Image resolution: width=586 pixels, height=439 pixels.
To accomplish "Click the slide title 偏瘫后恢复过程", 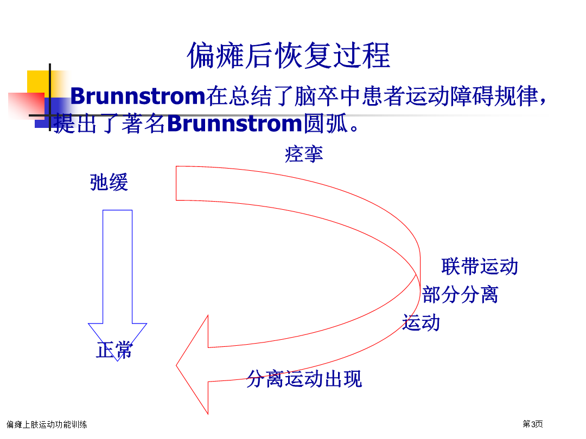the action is (x=289, y=56).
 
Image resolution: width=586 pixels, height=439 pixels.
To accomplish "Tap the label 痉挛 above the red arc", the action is (x=304, y=154).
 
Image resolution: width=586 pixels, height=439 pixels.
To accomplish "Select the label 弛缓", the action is (x=109, y=182).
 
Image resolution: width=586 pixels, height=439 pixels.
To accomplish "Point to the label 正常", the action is (x=114, y=350).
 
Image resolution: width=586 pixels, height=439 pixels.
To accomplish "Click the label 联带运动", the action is (x=480, y=267).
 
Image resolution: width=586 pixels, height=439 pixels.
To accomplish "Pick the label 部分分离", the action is (x=460, y=294).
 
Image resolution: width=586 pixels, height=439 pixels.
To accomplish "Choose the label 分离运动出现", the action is (x=304, y=379).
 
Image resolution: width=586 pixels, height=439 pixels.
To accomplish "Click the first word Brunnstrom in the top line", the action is (x=138, y=96).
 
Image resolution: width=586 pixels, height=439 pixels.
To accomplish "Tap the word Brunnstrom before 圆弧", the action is (x=234, y=123).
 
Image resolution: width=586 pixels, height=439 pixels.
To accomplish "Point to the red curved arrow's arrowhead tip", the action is (x=176, y=365).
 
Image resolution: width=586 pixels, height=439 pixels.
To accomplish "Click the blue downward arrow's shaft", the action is (x=117, y=267).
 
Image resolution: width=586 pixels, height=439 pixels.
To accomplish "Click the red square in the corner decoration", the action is (x=26, y=106).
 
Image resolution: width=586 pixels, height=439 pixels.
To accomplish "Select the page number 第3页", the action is (x=533, y=424).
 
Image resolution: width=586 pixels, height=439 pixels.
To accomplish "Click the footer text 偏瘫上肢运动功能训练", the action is (x=47, y=424).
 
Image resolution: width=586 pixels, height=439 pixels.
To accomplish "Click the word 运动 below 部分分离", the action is (x=421, y=322).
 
